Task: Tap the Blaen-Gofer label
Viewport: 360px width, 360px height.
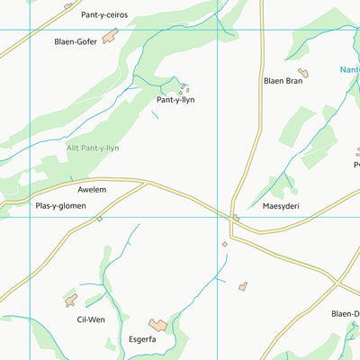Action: (76, 41)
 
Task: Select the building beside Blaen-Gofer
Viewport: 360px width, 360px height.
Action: (110, 36)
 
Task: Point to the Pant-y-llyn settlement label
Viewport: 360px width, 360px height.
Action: (175, 100)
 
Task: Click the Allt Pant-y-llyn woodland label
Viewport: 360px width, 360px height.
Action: (92, 148)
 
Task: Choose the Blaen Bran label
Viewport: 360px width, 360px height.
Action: (283, 81)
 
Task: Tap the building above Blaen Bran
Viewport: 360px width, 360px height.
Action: (304, 72)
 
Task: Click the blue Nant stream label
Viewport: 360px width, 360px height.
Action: (349, 68)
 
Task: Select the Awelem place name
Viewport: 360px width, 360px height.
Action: (92, 190)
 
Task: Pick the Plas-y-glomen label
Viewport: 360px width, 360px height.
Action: (60, 205)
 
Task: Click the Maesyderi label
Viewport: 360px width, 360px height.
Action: (281, 205)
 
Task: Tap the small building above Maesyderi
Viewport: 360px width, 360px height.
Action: (236, 217)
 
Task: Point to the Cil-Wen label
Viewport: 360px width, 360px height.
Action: (79, 319)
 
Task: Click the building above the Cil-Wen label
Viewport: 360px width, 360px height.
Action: (71, 301)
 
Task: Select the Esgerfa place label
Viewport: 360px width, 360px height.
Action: (141, 339)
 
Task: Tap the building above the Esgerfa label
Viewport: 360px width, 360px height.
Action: (158, 324)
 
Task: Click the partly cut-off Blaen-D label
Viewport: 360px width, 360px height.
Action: (345, 313)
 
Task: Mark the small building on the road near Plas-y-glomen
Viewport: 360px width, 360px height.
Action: (99, 219)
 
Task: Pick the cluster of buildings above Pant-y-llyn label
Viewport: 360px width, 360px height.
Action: (184, 88)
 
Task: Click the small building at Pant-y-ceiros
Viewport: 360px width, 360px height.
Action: (68, 5)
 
